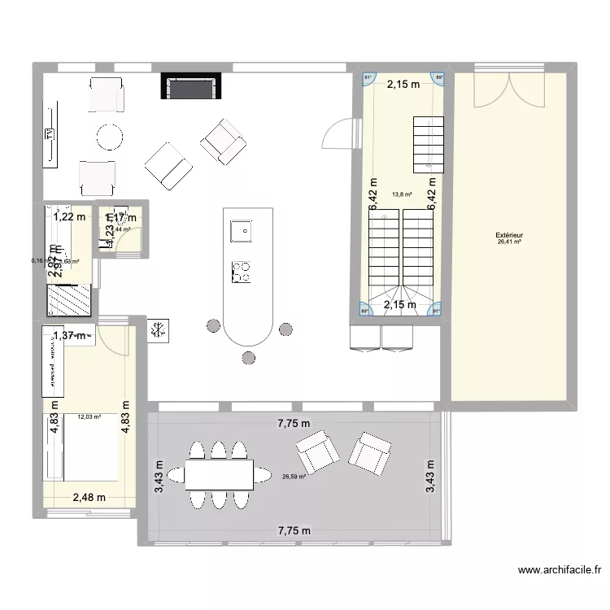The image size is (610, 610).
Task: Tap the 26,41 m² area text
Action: (509, 242)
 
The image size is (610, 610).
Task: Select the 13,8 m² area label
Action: (402, 194)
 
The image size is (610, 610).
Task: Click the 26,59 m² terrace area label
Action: (293, 477)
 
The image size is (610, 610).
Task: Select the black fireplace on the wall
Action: (191, 86)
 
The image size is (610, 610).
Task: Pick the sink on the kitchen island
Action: (241, 232)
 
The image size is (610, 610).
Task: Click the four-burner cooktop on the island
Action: (242, 272)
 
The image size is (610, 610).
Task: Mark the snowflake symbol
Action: (158, 330)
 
